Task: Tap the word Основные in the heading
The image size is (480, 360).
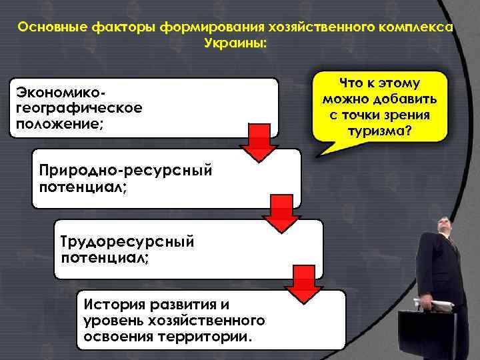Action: (x=47, y=28)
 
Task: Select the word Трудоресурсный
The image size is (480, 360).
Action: (x=127, y=241)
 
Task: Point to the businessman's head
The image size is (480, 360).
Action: (x=445, y=227)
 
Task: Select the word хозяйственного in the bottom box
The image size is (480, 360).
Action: (x=213, y=321)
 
